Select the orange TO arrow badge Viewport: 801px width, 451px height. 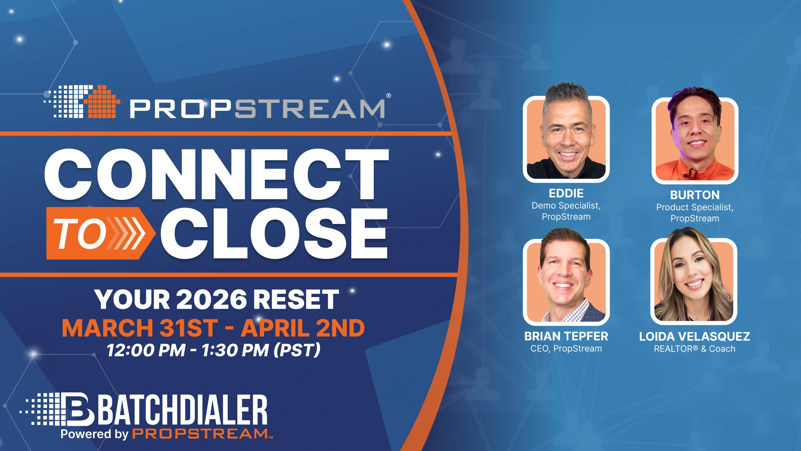99,233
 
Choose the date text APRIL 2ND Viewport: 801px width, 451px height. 303,328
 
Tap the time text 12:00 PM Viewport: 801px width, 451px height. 146,350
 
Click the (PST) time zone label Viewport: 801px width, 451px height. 297,350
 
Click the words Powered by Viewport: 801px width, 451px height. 94,434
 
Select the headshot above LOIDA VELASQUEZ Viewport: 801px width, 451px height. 694,280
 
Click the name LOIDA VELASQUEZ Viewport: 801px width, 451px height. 695,336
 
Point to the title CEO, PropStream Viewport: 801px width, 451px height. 566,349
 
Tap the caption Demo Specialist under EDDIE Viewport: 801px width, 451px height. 566,205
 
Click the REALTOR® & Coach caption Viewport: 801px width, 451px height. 695,349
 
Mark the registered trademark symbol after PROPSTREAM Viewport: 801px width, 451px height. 388,96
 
